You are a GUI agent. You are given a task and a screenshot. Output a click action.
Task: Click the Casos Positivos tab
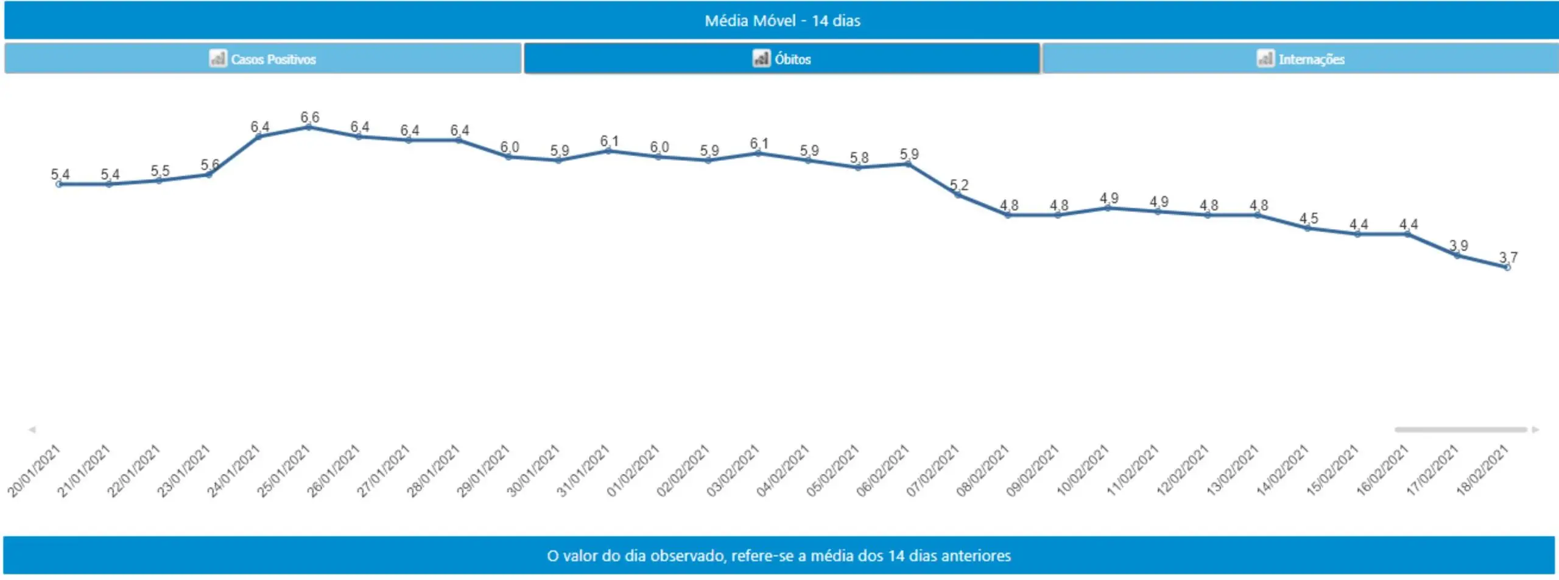pyautogui.click(x=262, y=59)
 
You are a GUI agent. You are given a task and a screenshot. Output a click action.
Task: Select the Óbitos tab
pyautogui.click(x=782, y=59)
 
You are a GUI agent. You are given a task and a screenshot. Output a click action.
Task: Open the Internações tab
pyautogui.click(x=1300, y=59)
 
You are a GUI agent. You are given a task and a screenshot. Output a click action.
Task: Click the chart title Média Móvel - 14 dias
pyautogui.click(x=782, y=21)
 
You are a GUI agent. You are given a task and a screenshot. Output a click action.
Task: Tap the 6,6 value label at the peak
pyautogui.click(x=309, y=117)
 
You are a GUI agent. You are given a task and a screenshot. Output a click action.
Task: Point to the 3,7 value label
pyautogui.click(x=1508, y=257)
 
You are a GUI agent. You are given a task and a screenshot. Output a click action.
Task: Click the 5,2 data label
pyautogui.click(x=959, y=185)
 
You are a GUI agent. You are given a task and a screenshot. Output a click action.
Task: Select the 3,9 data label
pyautogui.click(x=1458, y=246)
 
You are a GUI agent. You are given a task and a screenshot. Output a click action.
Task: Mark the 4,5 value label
pyautogui.click(x=1308, y=218)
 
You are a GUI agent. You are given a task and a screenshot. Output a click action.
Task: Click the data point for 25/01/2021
pyautogui.click(x=309, y=127)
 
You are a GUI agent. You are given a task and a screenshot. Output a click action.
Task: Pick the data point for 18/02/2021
pyautogui.click(x=1507, y=267)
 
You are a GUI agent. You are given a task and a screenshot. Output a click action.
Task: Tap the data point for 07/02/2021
pyautogui.click(x=958, y=195)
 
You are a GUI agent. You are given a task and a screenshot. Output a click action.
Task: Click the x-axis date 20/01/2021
pyautogui.click(x=34, y=471)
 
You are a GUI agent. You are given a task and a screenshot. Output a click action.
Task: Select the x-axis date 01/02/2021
pyautogui.click(x=633, y=471)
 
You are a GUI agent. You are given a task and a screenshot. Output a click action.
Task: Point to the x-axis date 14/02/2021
pyautogui.click(x=1283, y=471)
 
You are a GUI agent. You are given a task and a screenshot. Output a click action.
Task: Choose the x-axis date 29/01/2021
pyautogui.click(x=484, y=471)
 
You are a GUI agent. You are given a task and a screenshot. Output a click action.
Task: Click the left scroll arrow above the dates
pyautogui.click(x=32, y=430)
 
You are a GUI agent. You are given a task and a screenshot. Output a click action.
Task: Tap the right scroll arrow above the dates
pyautogui.click(x=1535, y=430)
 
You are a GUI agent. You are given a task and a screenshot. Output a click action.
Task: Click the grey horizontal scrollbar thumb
pyautogui.click(x=1460, y=430)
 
